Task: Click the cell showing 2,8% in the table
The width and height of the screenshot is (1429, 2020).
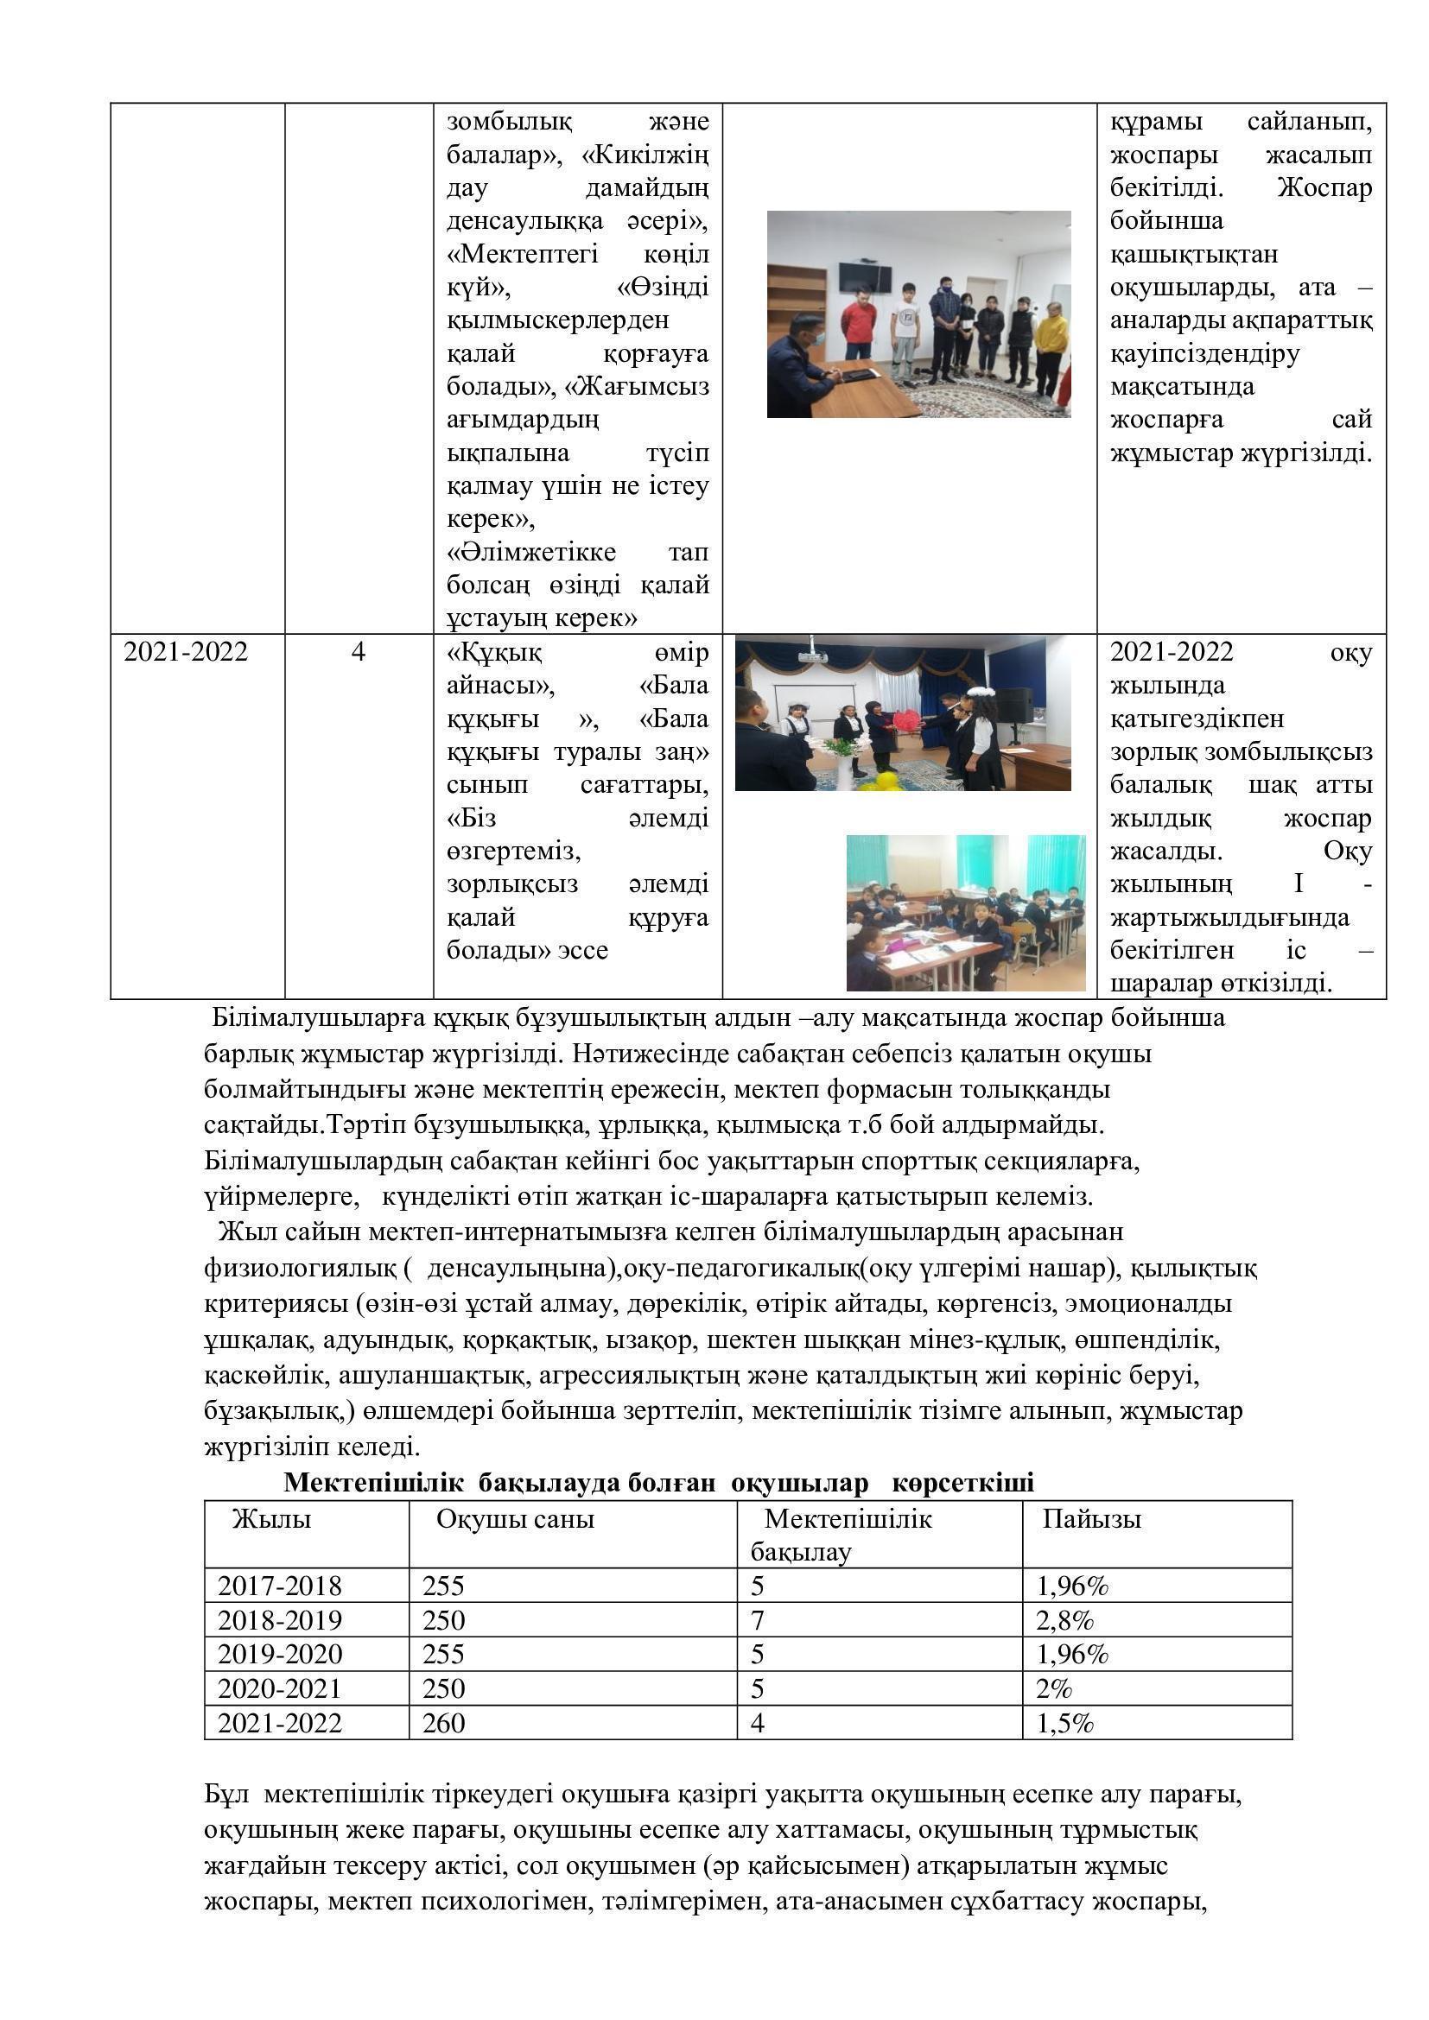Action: pos(1064,1619)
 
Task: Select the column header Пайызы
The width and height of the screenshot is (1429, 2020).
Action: pos(1091,1519)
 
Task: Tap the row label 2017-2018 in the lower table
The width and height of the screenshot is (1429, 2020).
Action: pos(279,1586)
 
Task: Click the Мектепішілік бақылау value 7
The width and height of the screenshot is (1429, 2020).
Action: pos(757,1619)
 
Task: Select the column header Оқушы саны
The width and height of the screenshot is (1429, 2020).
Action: pos(515,1519)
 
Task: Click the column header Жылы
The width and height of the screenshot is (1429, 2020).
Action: pos(271,1519)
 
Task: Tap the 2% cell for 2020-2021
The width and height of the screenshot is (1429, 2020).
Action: pos(1054,1688)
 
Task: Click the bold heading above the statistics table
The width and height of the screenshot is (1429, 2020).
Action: pos(658,1483)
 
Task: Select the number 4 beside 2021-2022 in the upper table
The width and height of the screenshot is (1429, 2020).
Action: pos(359,652)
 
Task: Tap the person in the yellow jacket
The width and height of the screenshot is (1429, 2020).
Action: pos(1050,347)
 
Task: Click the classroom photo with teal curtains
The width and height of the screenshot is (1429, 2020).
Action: pos(965,912)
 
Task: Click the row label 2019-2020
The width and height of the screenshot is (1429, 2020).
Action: pos(279,1654)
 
